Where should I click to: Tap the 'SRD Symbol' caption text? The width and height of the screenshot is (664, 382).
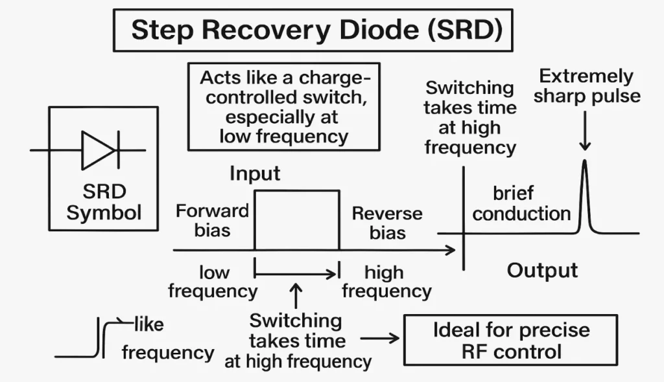click(x=103, y=202)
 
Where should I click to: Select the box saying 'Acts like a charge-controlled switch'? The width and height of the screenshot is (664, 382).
click(x=284, y=107)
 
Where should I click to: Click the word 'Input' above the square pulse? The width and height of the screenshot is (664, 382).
click(x=255, y=174)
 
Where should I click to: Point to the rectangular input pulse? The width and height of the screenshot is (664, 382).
click(x=296, y=220)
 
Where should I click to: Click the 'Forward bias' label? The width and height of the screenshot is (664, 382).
click(x=212, y=220)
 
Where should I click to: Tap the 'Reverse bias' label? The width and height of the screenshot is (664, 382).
click(x=386, y=223)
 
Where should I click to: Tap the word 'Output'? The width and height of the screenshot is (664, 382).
click(x=541, y=270)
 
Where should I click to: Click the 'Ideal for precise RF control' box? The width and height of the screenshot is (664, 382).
click(x=511, y=341)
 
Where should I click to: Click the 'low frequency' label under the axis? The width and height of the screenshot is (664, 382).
click(x=213, y=282)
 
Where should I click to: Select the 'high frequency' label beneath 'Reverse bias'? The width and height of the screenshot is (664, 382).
click(x=386, y=282)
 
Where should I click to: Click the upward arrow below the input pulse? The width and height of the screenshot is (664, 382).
click(x=296, y=296)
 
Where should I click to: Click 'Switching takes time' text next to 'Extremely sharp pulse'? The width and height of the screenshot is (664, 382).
click(x=470, y=118)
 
